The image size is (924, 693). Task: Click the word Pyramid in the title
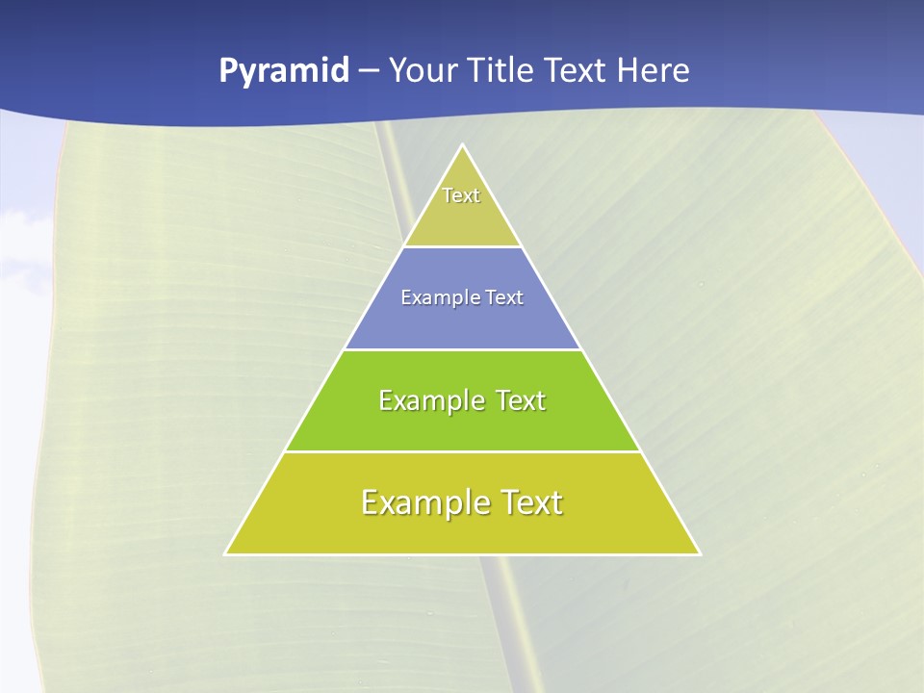pyautogui.click(x=283, y=71)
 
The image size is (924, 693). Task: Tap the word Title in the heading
pyautogui.click(x=504, y=70)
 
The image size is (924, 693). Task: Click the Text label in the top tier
pyautogui.click(x=461, y=195)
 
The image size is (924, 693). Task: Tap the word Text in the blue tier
pyautogui.click(x=505, y=298)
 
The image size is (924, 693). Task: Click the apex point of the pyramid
pyautogui.click(x=463, y=145)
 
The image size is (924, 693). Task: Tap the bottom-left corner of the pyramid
pyautogui.click(x=226, y=553)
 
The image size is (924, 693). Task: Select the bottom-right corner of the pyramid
pyautogui.click(x=700, y=553)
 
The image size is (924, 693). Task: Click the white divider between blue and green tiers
pyautogui.click(x=463, y=349)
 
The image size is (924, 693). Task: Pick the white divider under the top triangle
pyautogui.click(x=463, y=247)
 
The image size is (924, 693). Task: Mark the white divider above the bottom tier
pyautogui.click(x=463, y=451)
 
